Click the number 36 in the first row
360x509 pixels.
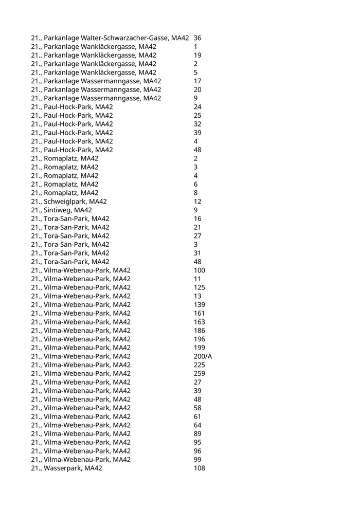pos(197,38)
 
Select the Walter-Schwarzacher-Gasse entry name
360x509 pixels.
pos(110,38)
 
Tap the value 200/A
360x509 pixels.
pos(203,356)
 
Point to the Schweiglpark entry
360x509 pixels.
pos(69,202)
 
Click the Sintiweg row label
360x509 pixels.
pos(61,210)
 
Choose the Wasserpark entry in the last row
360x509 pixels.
pos(66,468)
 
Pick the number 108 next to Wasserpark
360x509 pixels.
pos(199,468)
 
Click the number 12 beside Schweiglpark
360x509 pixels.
pos(197,202)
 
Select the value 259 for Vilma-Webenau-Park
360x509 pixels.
pos(199,374)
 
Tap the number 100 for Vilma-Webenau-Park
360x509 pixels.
pos(199,270)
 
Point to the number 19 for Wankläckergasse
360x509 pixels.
pos(197,56)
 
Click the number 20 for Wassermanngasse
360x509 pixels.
pos(197,90)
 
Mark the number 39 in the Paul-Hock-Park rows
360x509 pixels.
pos(197,133)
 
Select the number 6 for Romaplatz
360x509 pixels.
pos(195,185)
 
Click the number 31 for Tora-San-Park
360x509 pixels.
pos(197,253)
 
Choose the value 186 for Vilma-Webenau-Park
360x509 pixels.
pos(199,331)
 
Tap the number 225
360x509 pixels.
pos(199,365)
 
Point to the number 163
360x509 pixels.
pos(199,322)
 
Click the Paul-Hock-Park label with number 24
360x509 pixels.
pos(71,107)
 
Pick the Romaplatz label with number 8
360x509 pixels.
pos(64,193)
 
